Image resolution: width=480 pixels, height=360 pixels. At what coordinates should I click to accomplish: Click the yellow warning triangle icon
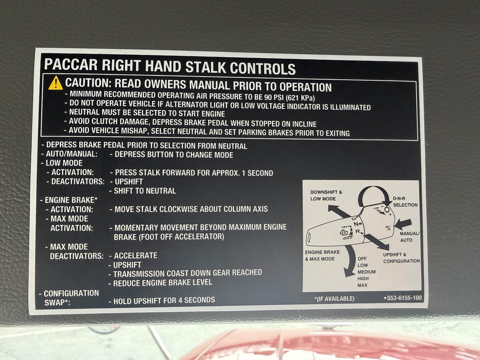(55, 83)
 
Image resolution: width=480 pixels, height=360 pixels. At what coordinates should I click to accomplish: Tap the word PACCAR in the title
(70, 64)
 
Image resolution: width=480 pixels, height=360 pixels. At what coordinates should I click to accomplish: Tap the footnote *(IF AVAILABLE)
(334, 298)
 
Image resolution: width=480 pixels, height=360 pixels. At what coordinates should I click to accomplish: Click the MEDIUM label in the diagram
(367, 272)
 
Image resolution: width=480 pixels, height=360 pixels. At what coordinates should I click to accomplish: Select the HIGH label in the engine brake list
(363, 278)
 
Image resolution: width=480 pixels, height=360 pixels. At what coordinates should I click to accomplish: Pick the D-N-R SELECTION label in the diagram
(405, 202)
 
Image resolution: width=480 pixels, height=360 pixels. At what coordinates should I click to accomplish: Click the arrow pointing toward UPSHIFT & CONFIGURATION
(376, 242)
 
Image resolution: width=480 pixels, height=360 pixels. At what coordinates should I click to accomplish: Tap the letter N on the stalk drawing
(356, 223)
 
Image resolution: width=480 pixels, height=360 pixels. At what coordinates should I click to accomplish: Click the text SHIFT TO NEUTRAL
(145, 191)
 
